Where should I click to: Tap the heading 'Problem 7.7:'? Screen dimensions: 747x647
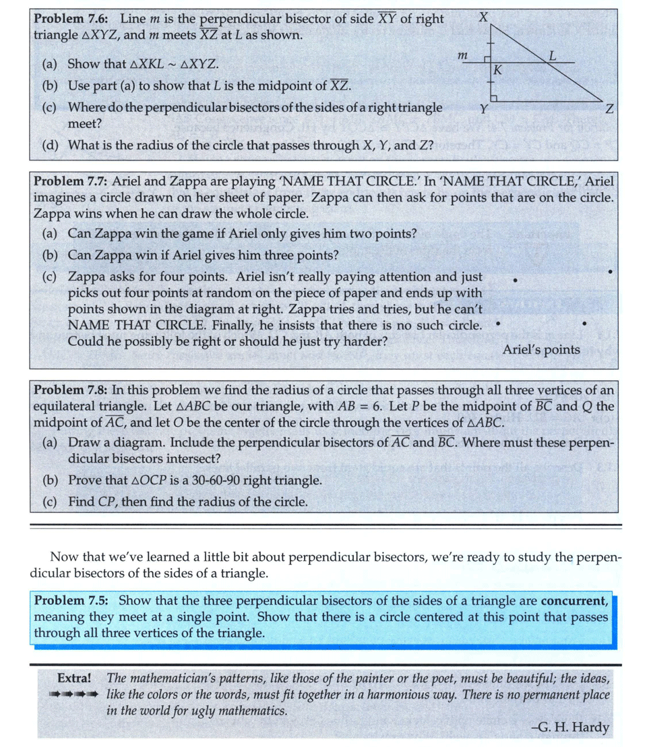(71, 182)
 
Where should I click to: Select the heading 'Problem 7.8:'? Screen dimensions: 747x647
(71, 390)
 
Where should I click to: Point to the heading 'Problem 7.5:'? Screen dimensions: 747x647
(71, 600)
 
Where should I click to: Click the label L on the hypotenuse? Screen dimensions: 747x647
(553, 56)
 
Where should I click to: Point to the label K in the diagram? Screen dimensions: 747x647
(498, 69)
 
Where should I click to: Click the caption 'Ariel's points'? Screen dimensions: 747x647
(541, 349)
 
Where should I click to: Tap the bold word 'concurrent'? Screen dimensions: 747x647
(574, 600)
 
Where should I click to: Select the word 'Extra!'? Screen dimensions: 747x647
(75, 678)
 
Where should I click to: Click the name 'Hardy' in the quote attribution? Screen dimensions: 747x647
(592, 727)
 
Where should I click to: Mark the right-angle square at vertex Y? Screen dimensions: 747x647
(493, 100)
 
